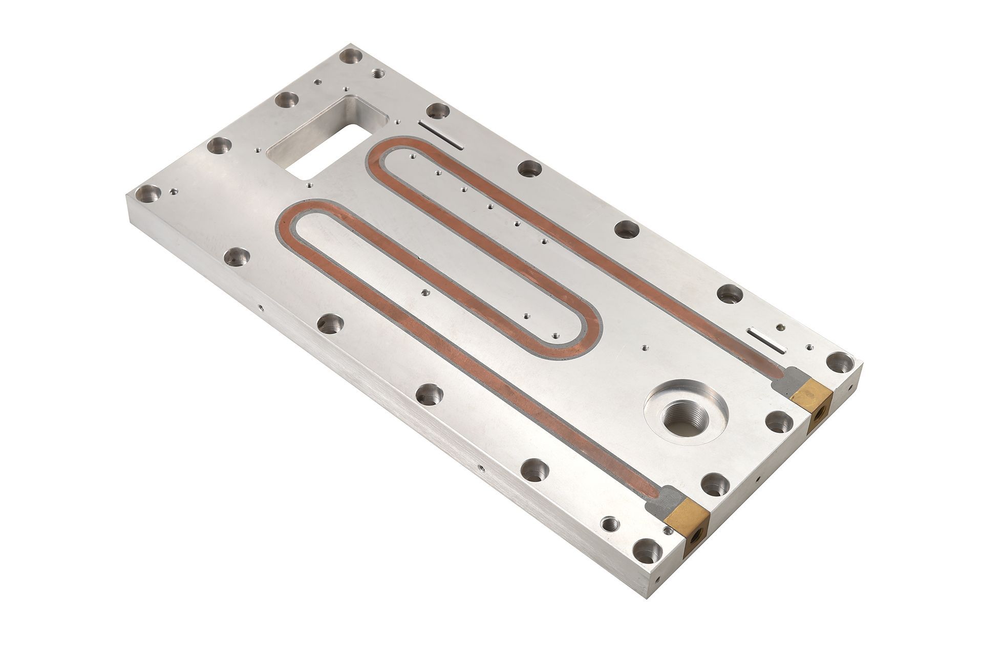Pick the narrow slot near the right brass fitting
766,340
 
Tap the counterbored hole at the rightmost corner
841,362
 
